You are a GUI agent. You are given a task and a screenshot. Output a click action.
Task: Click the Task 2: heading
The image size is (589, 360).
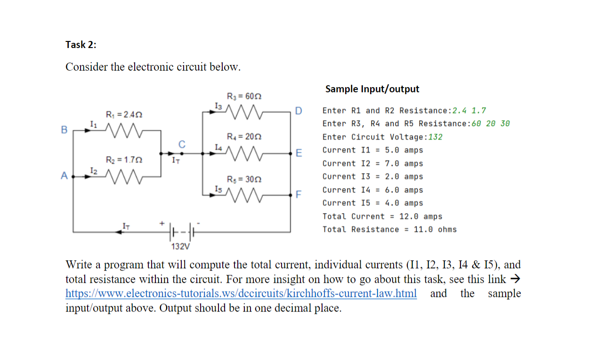click(x=81, y=45)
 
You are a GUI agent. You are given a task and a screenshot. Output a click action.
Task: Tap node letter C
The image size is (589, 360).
click(x=181, y=144)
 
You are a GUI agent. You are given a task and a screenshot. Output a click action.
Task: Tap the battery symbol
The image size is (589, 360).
click(x=181, y=232)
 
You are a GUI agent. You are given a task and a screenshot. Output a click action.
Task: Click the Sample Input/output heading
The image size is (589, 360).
click(x=372, y=89)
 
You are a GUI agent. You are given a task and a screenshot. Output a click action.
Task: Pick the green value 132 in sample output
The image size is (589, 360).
click(x=435, y=137)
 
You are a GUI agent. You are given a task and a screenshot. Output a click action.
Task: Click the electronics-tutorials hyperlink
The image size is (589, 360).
click(x=241, y=294)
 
